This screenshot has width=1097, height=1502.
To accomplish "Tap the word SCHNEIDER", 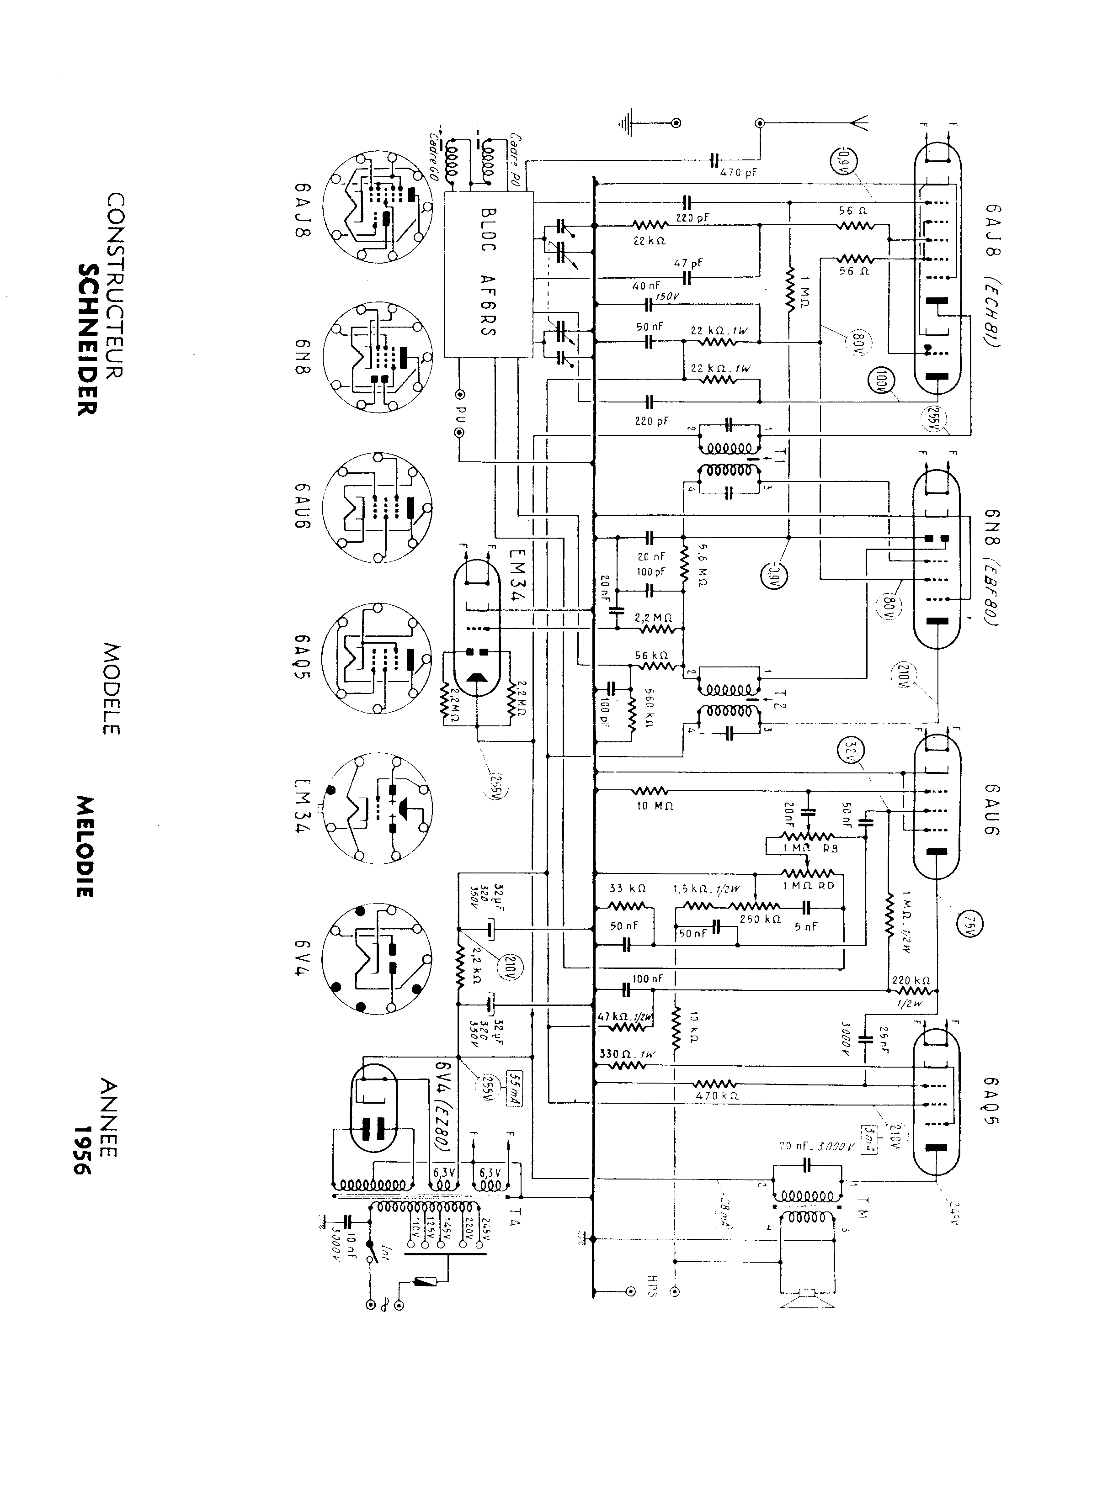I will (x=88, y=340).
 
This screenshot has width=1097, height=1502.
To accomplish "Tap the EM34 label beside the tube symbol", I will (x=517, y=575).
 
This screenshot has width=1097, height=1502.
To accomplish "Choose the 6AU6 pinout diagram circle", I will (x=377, y=508).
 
